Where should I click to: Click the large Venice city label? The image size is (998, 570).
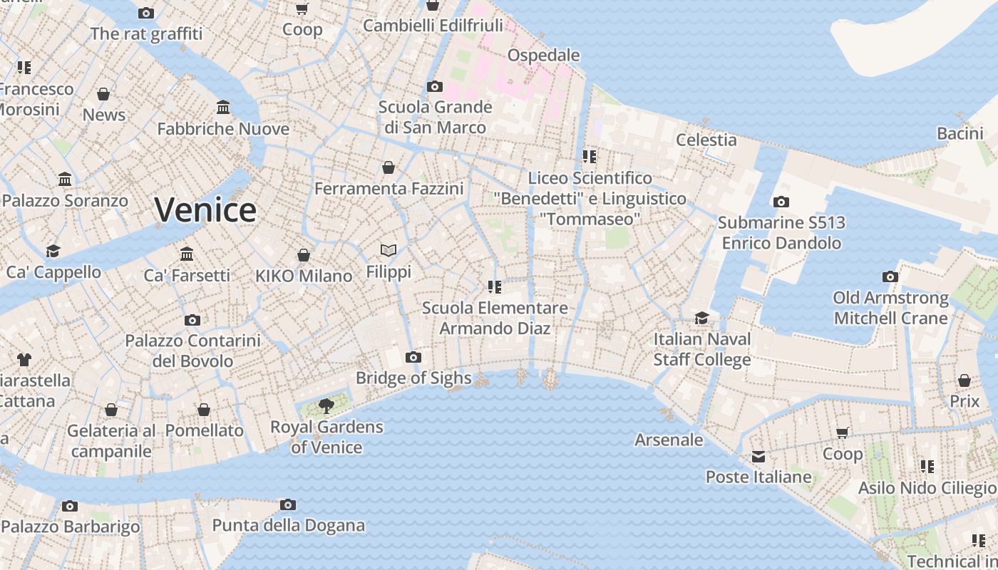[x=205, y=210]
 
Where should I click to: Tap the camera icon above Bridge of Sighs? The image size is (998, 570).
[x=413, y=357]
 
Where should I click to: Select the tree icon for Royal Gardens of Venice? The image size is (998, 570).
[x=326, y=406]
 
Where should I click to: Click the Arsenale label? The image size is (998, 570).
[x=669, y=440]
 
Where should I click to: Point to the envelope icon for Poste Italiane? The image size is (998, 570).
[x=758, y=457]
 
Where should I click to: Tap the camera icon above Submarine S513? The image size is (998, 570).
[x=781, y=202]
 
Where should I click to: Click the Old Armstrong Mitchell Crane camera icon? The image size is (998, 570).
[x=890, y=276]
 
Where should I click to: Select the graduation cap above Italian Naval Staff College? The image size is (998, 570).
[x=702, y=318]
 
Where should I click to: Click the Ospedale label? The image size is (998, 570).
[x=543, y=55]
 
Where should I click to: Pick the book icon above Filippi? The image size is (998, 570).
[x=389, y=250]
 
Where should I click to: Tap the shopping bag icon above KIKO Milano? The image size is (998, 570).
[x=304, y=255]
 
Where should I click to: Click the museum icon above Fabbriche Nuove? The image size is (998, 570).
[x=223, y=108]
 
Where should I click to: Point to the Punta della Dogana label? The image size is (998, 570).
[x=288, y=526]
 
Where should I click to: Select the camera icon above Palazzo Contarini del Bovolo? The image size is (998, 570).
[x=192, y=320]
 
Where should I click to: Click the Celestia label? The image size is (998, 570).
[x=706, y=140]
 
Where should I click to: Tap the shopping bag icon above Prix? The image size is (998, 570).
[x=964, y=380]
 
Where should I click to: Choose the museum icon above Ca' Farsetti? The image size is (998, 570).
[x=187, y=254]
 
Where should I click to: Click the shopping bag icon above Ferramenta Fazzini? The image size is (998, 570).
[x=389, y=167]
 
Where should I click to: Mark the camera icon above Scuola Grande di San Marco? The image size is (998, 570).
[x=435, y=86]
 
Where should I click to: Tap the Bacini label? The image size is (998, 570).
[x=960, y=133]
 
